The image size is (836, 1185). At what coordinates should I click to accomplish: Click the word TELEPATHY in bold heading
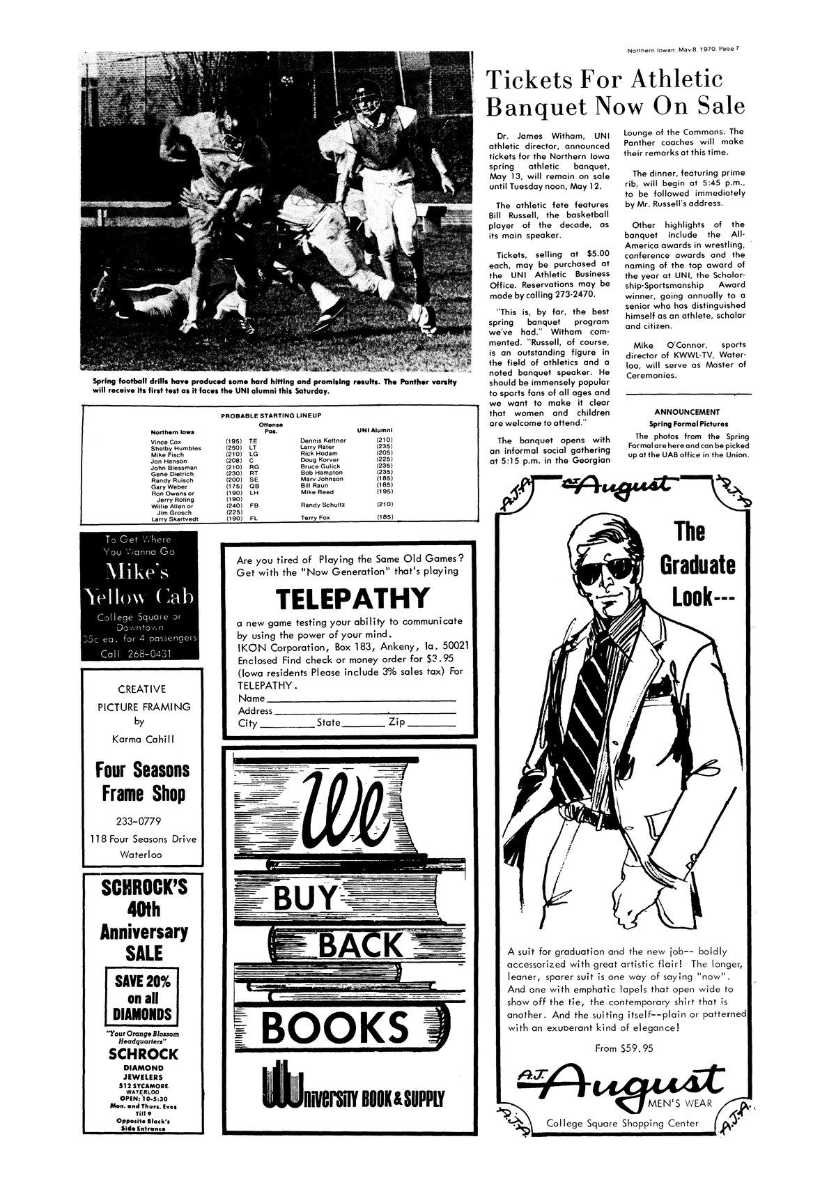(x=351, y=598)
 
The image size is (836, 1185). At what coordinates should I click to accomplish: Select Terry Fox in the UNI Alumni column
(x=315, y=518)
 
